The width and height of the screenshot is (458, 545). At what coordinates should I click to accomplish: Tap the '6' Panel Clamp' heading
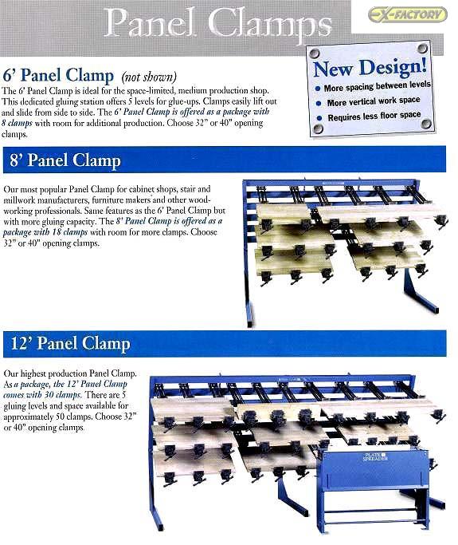57,77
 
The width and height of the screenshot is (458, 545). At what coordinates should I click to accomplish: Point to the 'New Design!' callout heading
369,68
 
